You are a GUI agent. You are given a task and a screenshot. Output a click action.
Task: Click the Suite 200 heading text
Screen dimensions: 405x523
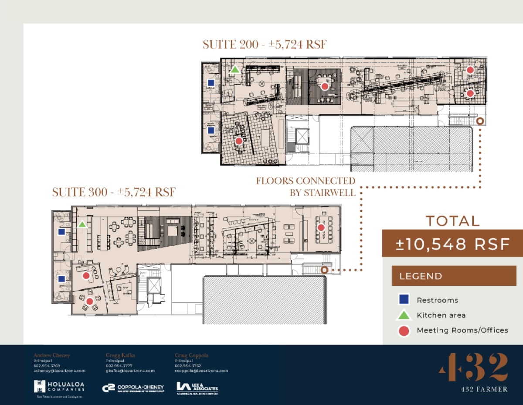(x=265, y=45)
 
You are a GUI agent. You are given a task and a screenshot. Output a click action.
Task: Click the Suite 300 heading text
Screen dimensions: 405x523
(x=114, y=192)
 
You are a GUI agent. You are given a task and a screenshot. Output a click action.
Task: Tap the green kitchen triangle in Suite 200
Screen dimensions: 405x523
(x=234, y=69)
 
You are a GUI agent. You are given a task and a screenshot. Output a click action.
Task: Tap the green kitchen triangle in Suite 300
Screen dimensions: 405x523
(x=82, y=224)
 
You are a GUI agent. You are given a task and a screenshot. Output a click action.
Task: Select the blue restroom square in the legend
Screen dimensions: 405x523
(x=404, y=300)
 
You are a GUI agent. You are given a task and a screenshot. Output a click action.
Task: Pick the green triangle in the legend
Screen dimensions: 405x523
(x=404, y=315)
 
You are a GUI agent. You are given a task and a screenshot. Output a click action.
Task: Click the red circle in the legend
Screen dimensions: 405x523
(x=404, y=331)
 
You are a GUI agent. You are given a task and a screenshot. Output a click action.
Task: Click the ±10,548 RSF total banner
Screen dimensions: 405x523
(x=452, y=244)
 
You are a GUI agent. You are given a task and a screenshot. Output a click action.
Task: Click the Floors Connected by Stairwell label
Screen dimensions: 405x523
(x=306, y=186)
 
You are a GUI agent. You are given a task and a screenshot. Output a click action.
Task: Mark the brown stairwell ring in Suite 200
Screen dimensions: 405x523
(x=480, y=121)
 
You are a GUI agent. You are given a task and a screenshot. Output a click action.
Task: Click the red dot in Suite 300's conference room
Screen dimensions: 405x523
(x=321, y=227)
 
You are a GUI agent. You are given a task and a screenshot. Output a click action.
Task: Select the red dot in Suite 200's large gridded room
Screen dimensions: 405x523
(x=238, y=141)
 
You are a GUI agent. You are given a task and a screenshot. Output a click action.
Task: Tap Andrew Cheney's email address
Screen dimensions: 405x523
(x=59, y=371)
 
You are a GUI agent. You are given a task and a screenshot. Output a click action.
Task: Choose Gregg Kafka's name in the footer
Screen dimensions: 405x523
(x=120, y=355)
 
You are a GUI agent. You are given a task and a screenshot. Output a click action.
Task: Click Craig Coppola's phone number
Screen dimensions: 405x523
(x=188, y=366)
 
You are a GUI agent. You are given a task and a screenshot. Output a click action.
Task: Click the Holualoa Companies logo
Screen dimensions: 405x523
(x=59, y=388)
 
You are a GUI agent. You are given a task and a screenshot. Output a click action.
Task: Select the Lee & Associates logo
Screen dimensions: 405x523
(x=197, y=388)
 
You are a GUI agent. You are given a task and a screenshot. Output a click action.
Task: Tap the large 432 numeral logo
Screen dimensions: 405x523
(x=473, y=367)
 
